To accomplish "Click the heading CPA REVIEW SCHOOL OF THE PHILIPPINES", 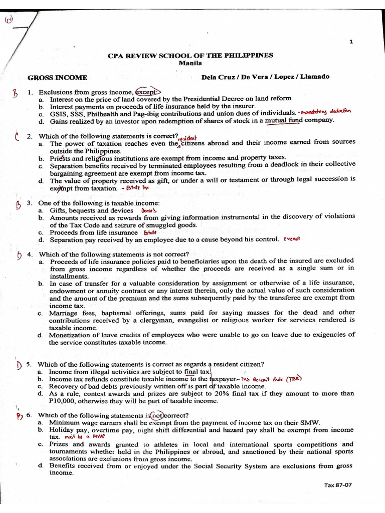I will tap(190, 56).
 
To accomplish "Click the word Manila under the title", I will tap(190, 63).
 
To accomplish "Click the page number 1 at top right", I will tap(351, 42).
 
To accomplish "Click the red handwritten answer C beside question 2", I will tap(17, 136).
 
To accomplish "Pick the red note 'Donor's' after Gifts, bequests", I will tap(149, 211).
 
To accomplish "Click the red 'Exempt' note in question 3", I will tap(291, 239).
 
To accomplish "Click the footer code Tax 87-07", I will tap(338, 485).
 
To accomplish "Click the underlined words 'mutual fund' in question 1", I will tap(283, 120).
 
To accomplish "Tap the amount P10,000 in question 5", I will tap(64, 401).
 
